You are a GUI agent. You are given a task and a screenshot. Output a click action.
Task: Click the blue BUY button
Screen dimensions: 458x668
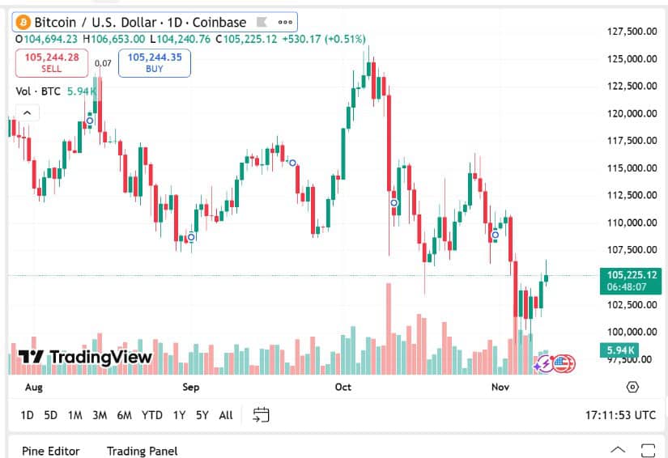click(154, 62)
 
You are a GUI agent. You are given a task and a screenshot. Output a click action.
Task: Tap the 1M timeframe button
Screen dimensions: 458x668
click(75, 415)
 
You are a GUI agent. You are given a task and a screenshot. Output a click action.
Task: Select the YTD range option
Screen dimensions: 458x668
click(152, 415)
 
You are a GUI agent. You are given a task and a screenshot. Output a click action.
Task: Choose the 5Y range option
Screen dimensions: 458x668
click(202, 415)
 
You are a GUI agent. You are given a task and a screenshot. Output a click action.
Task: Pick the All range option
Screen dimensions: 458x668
click(226, 415)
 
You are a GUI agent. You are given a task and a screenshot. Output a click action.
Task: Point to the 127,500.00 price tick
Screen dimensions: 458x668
click(631, 32)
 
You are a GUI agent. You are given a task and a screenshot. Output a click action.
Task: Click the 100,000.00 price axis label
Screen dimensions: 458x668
click(631, 332)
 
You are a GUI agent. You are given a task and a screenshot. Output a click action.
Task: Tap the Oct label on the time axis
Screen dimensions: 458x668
click(343, 388)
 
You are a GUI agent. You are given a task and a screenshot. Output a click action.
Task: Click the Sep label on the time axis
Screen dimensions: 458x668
click(190, 388)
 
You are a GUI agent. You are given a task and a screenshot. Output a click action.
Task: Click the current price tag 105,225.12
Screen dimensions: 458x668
click(631, 275)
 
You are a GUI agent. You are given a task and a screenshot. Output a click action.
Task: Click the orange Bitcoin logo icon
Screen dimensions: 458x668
click(23, 23)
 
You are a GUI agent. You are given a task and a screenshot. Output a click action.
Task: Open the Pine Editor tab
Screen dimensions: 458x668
click(55, 451)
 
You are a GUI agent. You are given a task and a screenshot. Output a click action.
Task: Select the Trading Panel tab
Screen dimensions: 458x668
click(142, 451)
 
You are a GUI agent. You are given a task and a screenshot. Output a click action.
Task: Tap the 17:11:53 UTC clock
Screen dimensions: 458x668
click(620, 415)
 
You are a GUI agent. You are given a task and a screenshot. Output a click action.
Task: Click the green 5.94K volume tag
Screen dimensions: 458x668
click(618, 350)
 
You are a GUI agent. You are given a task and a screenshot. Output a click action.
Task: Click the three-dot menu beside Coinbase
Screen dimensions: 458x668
click(285, 23)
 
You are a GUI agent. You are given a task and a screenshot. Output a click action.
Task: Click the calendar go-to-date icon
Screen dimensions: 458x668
click(261, 415)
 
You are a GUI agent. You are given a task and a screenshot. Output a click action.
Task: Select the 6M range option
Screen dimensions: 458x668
click(124, 415)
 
